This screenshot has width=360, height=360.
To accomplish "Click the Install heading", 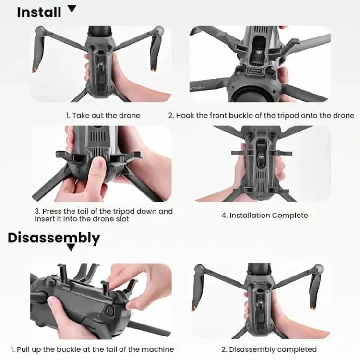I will (40, 12).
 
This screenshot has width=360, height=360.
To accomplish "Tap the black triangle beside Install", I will (72, 8).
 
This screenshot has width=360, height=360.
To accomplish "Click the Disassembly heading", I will (54, 238).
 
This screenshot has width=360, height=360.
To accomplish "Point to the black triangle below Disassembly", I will (71, 248).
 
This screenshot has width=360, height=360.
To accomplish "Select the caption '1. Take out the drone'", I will (103, 115).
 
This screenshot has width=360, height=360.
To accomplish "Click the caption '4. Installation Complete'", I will (264, 216).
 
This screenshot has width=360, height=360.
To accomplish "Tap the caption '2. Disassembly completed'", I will (269, 349).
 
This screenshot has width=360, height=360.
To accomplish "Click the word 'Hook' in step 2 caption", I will (186, 115).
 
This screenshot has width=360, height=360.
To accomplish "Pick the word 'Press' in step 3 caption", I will (52, 211).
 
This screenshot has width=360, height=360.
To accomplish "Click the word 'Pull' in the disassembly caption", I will (24, 349).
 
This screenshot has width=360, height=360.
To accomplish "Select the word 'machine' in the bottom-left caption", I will (159, 349).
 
